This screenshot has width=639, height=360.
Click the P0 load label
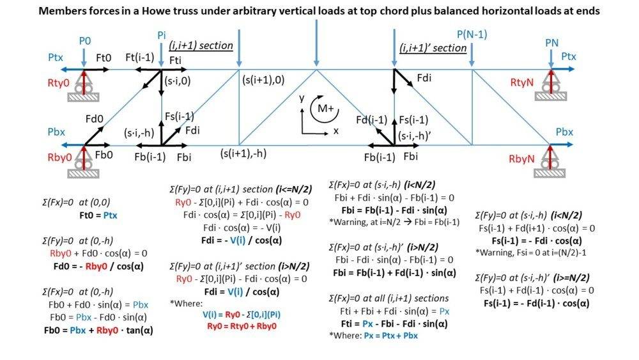[85, 41]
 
